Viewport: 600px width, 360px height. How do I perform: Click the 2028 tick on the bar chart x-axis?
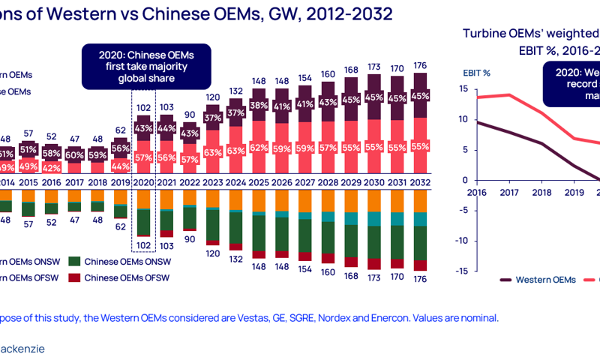[328, 181]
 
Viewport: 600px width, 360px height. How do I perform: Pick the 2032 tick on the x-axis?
[421, 181]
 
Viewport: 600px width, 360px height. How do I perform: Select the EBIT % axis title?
[475, 73]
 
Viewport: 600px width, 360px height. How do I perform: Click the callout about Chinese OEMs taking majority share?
[147, 66]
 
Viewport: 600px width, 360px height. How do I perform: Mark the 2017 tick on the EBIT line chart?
[508, 192]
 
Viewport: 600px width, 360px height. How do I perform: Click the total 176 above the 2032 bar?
[421, 64]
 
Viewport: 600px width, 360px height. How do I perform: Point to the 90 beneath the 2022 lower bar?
[190, 239]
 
